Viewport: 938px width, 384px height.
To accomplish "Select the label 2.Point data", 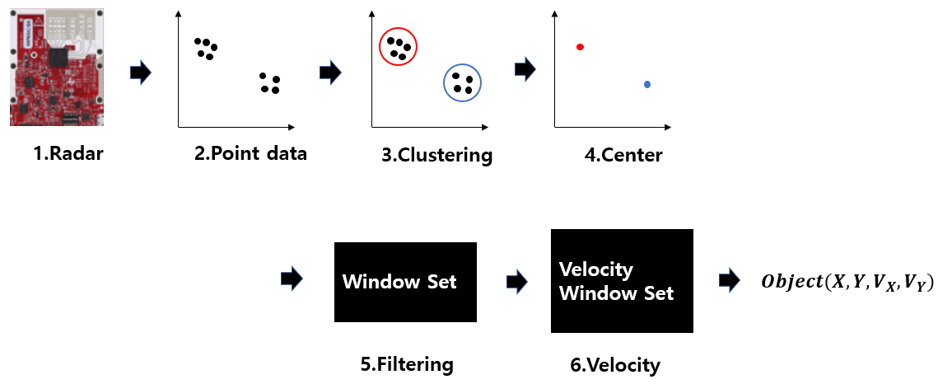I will pos(250,153).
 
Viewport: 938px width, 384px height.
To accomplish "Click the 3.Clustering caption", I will pos(436,155).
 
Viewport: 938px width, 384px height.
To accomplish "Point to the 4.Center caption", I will pos(622,154).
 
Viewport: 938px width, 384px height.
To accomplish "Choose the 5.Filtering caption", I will pos(407,363).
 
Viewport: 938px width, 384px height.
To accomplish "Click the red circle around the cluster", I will pos(399,49).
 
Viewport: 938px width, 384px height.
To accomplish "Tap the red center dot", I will pos(581,48).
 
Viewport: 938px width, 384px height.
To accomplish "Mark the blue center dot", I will pos(647,84).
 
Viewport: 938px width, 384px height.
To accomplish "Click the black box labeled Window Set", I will pos(405,282).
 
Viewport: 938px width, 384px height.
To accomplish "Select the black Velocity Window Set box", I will pos(621,282).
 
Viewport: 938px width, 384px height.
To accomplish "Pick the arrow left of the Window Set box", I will pos(292,280).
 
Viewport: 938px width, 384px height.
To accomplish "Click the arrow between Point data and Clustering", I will pos(330,73).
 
